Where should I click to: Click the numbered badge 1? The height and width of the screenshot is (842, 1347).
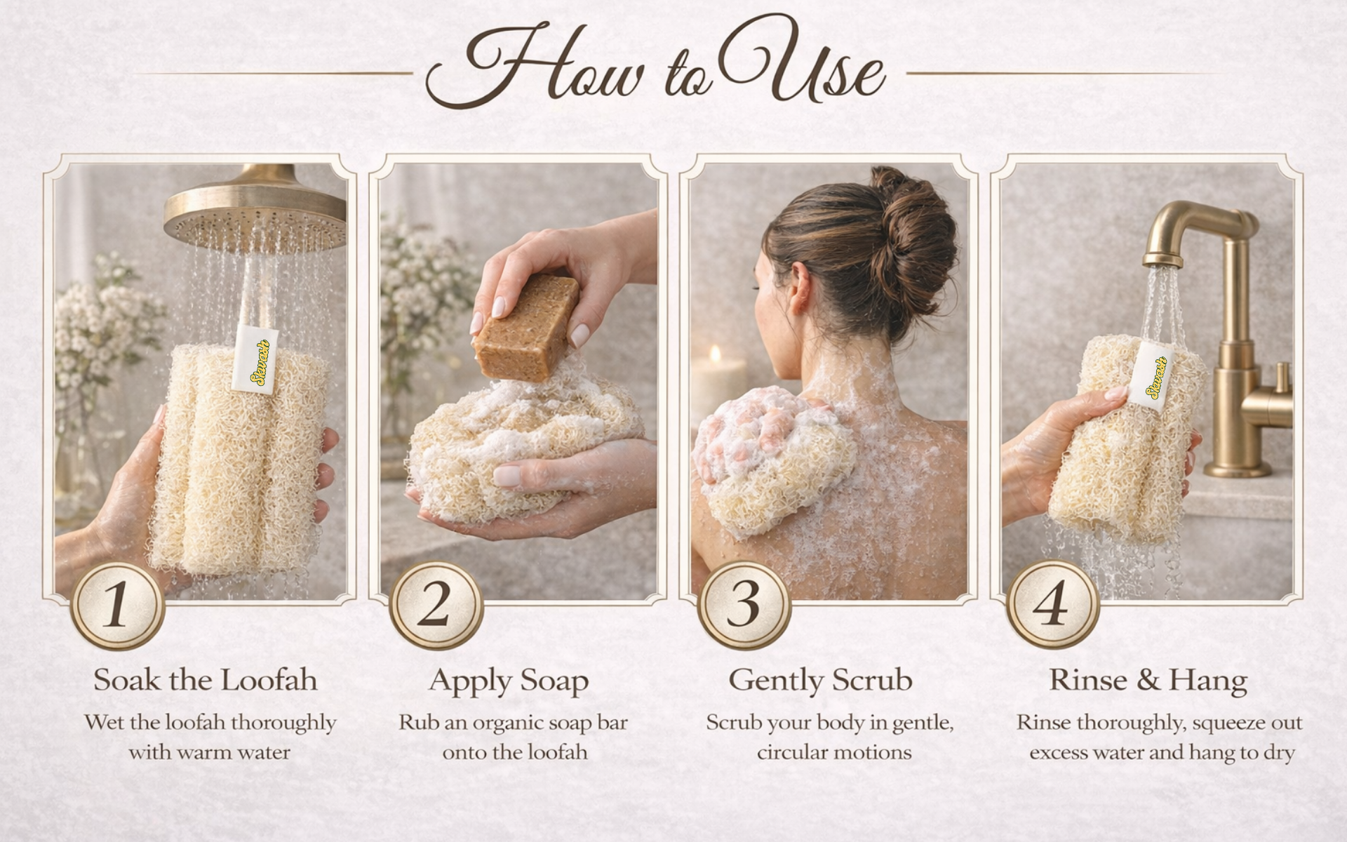click(118, 605)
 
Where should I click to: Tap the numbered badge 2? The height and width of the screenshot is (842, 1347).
click(436, 605)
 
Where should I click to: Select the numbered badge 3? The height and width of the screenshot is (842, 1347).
click(744, 605)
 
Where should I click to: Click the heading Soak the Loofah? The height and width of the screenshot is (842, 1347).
click(205, 680)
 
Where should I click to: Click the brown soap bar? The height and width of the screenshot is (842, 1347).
click(525, 328)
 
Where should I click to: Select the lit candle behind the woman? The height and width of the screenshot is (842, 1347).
click(718, 382)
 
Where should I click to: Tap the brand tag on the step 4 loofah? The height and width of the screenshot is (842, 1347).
click(1152, 376)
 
